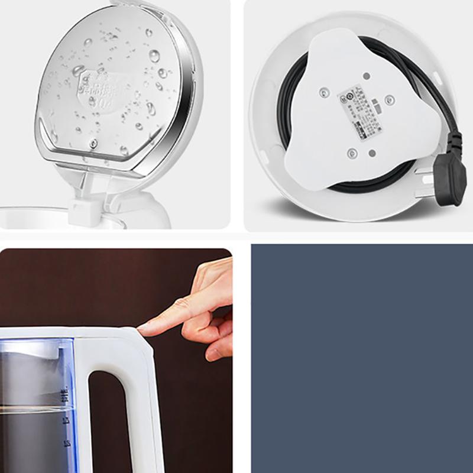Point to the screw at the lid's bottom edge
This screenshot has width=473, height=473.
[x=93, y=144]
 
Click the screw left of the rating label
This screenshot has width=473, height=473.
[x=324, y=93]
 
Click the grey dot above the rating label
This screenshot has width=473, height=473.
[x=367, y=76]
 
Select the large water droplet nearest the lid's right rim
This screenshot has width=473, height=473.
[x=155, y=56]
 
